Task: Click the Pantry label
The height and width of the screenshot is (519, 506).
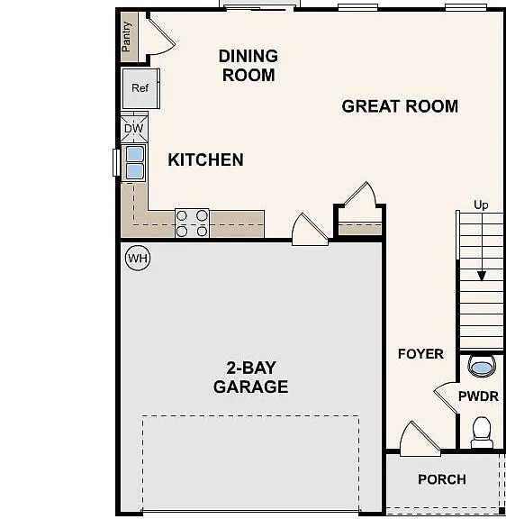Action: (126, 36)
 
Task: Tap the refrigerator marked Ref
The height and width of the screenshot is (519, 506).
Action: (140, 88)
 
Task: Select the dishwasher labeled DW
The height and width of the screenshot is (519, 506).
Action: (134, 128)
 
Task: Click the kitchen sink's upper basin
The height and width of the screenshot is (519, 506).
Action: (135, 154)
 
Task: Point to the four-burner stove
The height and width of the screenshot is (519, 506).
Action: (192, 223)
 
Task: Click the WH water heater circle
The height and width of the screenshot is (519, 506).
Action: (138, 258)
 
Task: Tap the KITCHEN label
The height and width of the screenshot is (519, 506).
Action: (205, 159)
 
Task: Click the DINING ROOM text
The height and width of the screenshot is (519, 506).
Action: (248, 66)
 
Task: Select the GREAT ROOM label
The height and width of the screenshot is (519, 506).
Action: (400, 106)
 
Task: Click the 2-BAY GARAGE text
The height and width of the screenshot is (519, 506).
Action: (250, 378)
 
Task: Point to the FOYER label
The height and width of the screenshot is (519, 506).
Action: (420, 354)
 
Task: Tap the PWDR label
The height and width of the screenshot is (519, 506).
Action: (479, 396)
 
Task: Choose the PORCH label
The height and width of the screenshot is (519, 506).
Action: (442, 479)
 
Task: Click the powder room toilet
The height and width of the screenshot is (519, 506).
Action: (482, 432)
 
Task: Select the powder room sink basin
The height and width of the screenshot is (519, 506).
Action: (482, 368)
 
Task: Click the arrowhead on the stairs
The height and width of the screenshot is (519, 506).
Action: (482, 276)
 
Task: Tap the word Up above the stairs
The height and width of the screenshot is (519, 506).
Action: (481, 205)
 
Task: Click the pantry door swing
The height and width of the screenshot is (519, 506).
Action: (161, 37)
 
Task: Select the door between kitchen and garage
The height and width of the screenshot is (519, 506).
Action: (310, 229)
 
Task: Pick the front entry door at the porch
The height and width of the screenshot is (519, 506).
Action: (420, 439)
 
